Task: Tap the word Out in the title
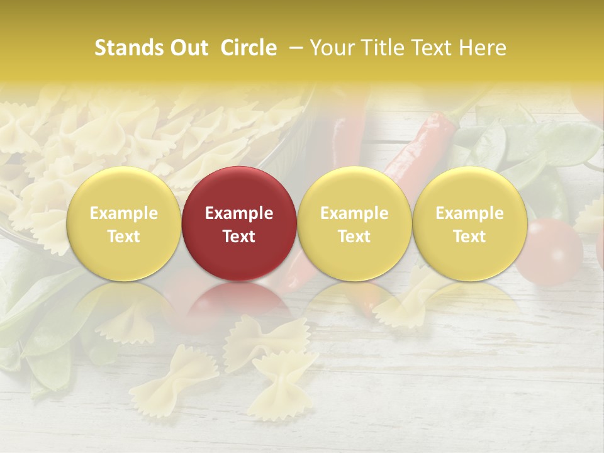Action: click(187, 48)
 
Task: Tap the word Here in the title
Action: click(483, 48)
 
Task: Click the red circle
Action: click(239, 189)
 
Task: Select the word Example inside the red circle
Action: click(239, 213)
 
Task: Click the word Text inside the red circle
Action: click(239, 237)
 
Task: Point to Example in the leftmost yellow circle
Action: click(124, 213)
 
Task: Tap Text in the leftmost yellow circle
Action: click(124, 237)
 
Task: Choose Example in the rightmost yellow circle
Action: click(470, 213)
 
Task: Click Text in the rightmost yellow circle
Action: click(470, 237)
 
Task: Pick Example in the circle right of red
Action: click(354, 213)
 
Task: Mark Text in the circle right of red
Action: click(354, 237)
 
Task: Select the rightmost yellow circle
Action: click(470, 189)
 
